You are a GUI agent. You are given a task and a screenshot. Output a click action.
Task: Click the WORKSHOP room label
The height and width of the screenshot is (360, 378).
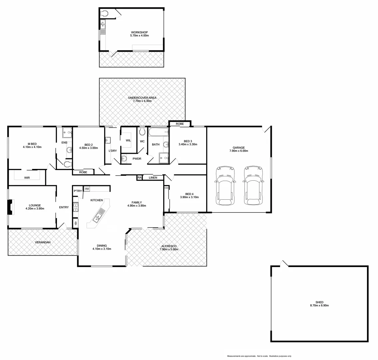coord(139,32)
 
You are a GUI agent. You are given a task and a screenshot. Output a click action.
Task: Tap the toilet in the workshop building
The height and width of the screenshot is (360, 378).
coord(105,13)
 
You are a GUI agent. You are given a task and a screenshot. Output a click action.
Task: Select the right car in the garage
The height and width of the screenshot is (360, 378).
coord(253,185)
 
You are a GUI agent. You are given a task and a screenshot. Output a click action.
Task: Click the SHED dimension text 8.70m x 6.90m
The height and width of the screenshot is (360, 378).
coord(319,305)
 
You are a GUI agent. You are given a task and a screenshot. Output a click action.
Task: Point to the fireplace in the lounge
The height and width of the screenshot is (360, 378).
coord(11,207)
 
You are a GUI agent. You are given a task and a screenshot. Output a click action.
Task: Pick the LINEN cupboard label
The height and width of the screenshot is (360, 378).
coord(153,178)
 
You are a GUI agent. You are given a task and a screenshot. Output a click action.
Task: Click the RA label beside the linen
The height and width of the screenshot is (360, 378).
coord(140,178)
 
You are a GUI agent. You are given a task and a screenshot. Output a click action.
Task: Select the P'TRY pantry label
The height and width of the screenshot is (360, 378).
coord(78,191)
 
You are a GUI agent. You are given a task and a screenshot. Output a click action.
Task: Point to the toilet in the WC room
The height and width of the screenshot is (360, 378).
coord(143,131)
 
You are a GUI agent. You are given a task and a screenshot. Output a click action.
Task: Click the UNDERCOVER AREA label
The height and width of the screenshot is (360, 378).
coord(142,98)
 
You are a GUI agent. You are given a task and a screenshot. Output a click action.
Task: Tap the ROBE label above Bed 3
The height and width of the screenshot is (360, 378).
coord(180,124)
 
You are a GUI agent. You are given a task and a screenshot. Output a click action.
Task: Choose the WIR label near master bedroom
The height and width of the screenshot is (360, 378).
coord(27,178)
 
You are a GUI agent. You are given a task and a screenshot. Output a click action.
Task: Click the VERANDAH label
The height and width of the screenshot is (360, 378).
coord(43,242)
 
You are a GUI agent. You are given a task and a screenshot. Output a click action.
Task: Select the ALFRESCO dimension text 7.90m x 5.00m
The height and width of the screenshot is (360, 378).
coord(169,249)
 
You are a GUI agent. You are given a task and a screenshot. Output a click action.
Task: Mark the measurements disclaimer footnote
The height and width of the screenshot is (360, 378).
coord(259,356)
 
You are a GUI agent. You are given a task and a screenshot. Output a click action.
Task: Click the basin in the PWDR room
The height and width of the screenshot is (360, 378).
coord(124,159)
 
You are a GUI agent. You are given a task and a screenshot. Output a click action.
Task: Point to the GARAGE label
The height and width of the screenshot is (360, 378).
coord(239,148)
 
